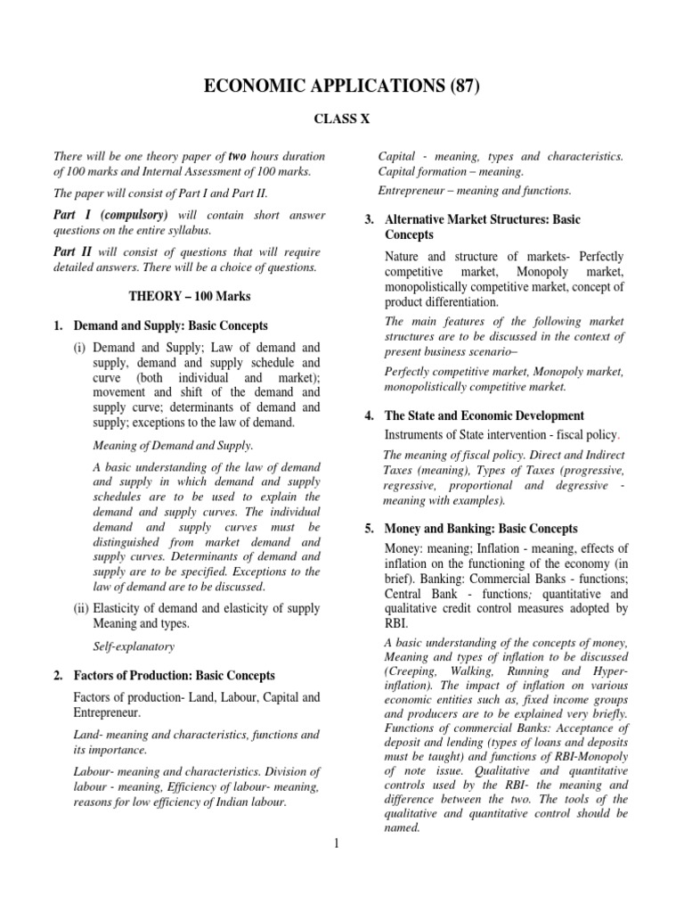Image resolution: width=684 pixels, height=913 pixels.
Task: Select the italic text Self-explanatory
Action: [x=134, y=646]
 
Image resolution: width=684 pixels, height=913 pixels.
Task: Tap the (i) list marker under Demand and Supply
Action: [x=80, y=347]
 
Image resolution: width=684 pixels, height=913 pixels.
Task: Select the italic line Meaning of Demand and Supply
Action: [x=174, y=445]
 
